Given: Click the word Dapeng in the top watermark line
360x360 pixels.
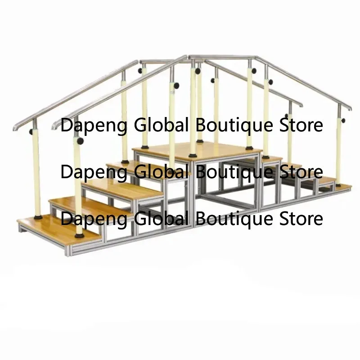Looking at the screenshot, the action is coord(94,126).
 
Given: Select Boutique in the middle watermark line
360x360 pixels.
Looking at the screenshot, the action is coord(234,172).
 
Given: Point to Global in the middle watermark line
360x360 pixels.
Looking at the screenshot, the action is coord(161,171).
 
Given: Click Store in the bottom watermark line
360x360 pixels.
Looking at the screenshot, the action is coord(301,218).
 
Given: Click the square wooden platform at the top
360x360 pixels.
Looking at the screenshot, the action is coord(197,151).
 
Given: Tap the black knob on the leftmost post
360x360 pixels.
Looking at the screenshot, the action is coord(31,132).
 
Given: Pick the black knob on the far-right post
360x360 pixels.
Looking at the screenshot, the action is coord(343,121).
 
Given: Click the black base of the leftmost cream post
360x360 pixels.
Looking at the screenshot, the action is coord(38,217).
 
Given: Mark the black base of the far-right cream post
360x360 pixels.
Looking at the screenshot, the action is coord(338,185).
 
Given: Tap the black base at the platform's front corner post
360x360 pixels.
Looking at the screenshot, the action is coord(193,156).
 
